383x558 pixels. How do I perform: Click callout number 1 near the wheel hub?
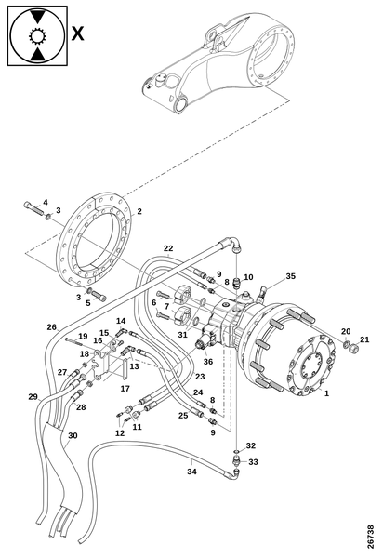click(x=327, y=393)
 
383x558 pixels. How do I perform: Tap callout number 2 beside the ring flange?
click(x=139, y=211)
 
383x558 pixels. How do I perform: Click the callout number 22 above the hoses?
click(x=168, y=248)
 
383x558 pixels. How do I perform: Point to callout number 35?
click(x=291, y=276)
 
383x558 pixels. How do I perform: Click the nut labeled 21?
click(x=353, y=347)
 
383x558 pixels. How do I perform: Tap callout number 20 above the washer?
click(x=346, y=331)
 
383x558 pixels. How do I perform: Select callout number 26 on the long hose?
click(x=52, y=326)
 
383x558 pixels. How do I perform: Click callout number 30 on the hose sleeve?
click(x=73, y=435)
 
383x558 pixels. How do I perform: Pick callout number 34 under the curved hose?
click(x=192, y=472)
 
